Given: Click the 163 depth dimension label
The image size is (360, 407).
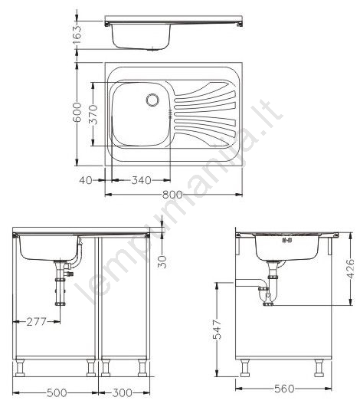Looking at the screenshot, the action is pyautogui.click(x=77, y=34).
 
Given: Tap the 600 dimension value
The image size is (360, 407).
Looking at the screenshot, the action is pyautogui.click(x=77, y=112).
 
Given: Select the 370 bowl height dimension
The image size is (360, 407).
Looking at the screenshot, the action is pyautogui.click(x=93, y=114).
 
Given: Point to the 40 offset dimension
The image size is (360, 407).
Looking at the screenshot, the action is pyautogui.click(x=86, y=180).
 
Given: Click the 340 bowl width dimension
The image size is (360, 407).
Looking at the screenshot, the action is pyautogui.click(x=142, y=180).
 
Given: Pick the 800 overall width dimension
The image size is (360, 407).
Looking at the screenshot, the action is pyautogui.click(x=172, y=195).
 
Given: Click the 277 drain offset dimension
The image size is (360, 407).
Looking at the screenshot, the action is pyautogui.click(x=36, y=322).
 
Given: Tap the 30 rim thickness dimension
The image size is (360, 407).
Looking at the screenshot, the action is pyautogui.click(x=162, y=261).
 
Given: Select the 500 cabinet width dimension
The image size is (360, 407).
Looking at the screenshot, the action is pyautogui.click(x=57, y=392).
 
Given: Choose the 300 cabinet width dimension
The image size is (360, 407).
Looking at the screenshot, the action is pyautogui.click(x=122, y=392).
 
